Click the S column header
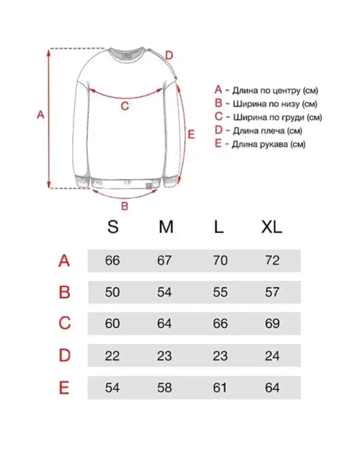[x=113, y=227]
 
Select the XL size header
[x=271, y=227]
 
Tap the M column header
[x=166, y=227]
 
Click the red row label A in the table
[x=64, y=261]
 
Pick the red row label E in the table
[x=64, y=388]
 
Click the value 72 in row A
[x=272, y=261]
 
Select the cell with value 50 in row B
[x=112, y=293]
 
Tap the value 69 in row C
[x=272, y=324]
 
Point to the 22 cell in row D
[x=112, y=356]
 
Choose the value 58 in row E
[x=164, y=388]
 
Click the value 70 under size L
[x=220, y=261]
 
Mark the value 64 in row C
[x=164, y=324]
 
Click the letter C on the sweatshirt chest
[x=125, y=107]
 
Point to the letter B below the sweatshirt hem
[x=125, y=207]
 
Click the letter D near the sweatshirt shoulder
[x=169, y=55]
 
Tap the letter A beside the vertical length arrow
[x=40, y=115]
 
